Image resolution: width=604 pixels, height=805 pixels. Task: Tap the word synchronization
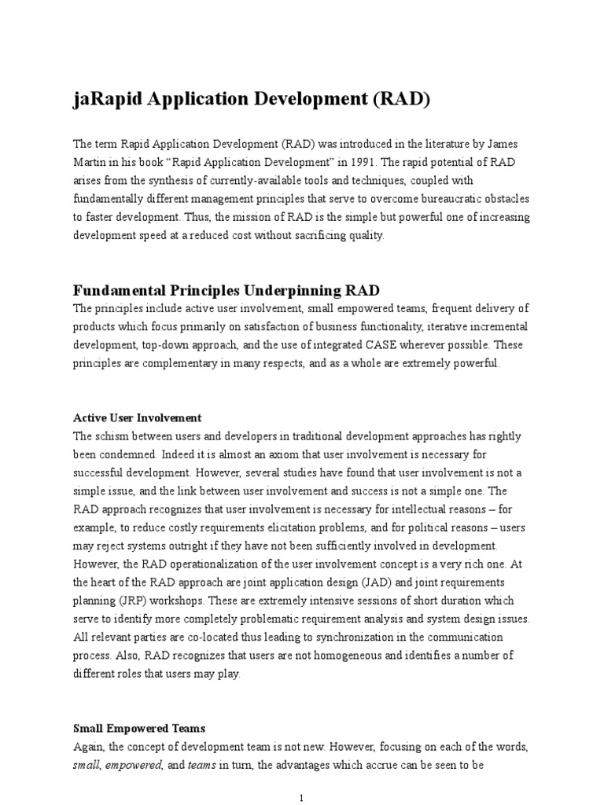click(x=336, y=637)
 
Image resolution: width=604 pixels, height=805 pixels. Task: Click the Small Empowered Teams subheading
click(x=139, y=728)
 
